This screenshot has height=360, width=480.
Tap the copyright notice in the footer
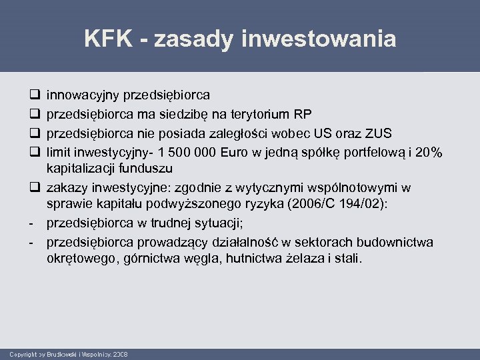coord(68,353)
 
